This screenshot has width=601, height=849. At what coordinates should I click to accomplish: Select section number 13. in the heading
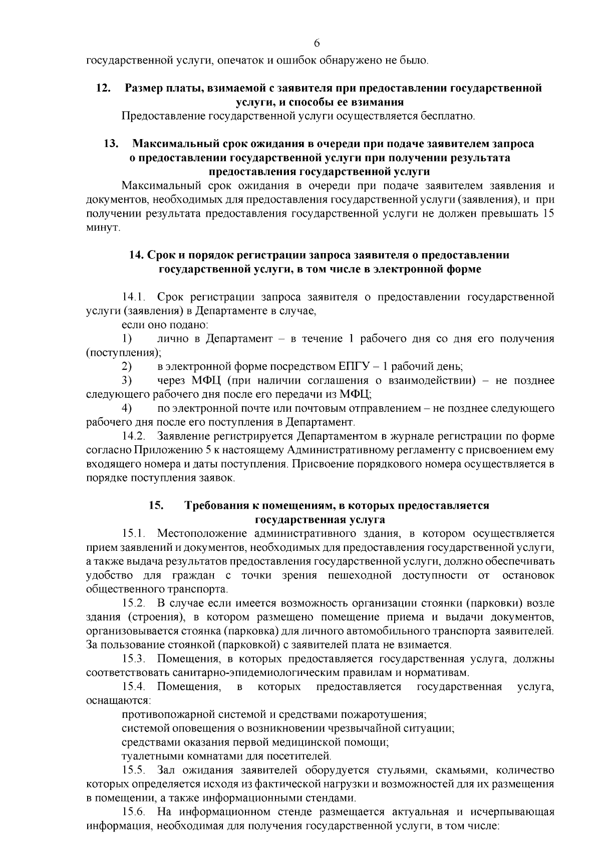click(x=111, y=144)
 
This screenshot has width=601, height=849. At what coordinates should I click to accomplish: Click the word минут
click(x=103, y=228)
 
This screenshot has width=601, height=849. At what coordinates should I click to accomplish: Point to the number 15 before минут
click(x=548, y=214)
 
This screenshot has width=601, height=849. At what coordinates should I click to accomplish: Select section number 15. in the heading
click(x=156, y=505)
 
